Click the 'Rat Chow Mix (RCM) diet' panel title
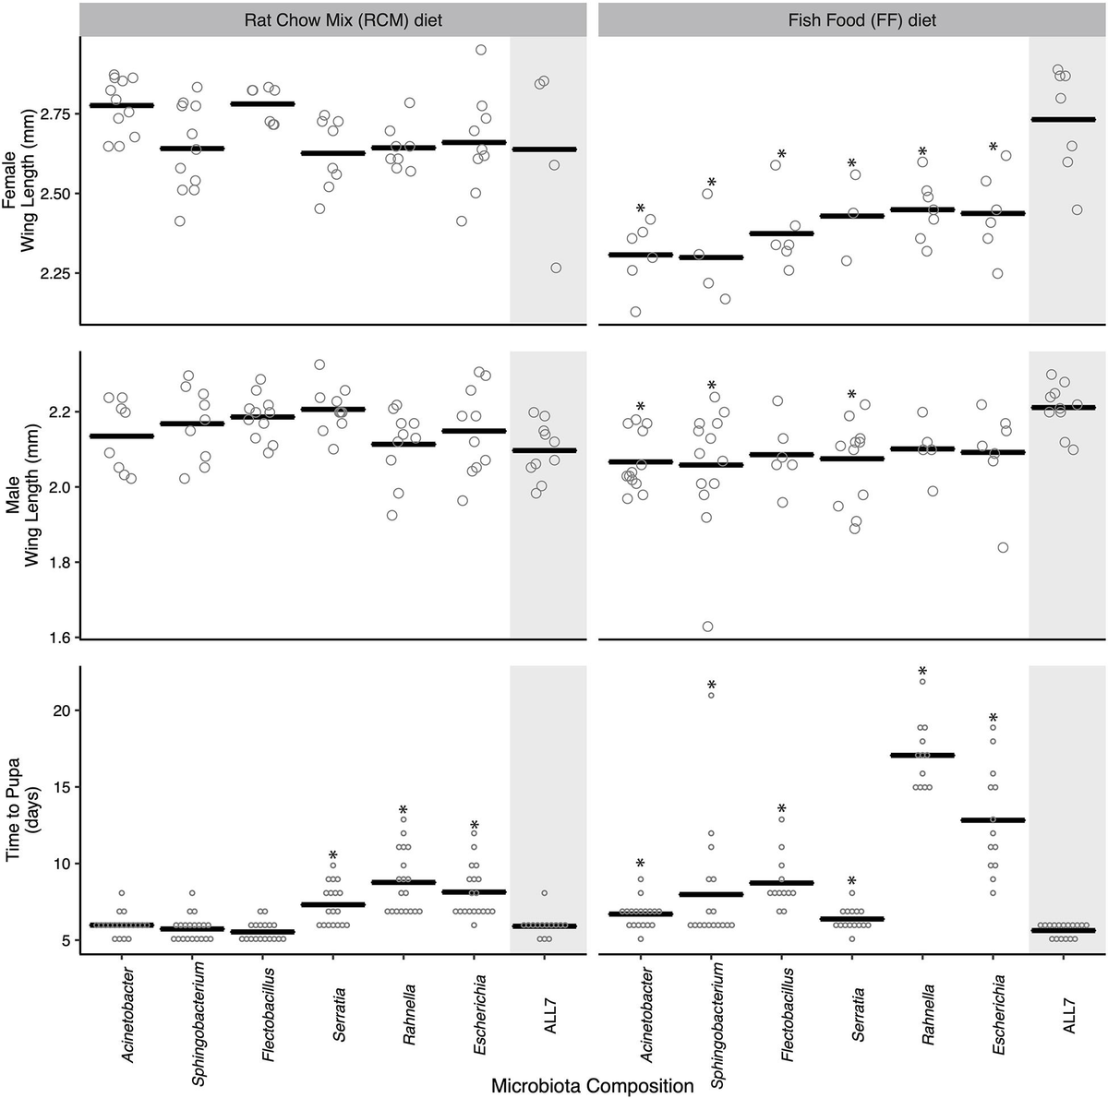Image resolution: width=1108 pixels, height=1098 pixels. point(333,18)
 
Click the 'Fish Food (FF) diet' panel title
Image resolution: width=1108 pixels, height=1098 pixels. point(852,18)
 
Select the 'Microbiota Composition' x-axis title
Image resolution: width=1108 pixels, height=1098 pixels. point(592,1085)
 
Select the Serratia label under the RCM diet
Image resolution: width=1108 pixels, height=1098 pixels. point(339,1015)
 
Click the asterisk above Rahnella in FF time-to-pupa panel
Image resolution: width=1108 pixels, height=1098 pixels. point(922,672)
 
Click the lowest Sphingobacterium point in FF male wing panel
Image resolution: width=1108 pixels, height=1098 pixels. point(707,627)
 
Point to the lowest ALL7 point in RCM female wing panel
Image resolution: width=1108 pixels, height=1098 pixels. point(556,268)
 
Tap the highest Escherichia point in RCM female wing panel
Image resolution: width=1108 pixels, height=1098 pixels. point(480,50)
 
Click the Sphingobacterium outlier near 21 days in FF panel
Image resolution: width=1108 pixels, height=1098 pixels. point(711,695)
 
